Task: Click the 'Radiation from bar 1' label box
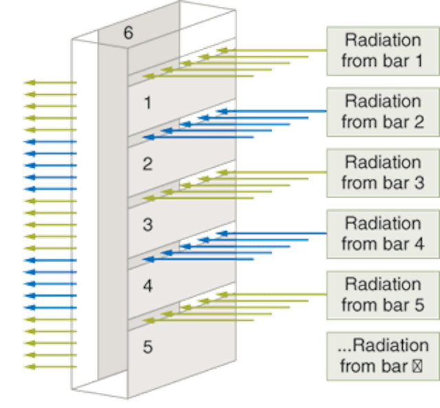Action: (x=382, y=50)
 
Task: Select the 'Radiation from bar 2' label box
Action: (x=382, y=111)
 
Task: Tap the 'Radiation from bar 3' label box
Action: (x=382, y=173)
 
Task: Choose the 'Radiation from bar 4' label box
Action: (x=382, y=234)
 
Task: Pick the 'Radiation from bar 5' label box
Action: (x=382, y=294)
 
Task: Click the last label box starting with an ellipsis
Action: (x=382, y=355)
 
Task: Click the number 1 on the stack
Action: (x=146, y=103)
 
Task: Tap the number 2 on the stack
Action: (x=147, y=164)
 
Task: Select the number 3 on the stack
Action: (x=147, y=225)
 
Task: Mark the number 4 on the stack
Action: (x=147, y=286)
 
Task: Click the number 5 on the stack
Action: (x=147, y=347)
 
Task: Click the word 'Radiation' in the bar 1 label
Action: (x=383, y=40)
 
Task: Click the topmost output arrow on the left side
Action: (x=49, y=83)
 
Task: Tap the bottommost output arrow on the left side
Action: (x=49, y=367)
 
